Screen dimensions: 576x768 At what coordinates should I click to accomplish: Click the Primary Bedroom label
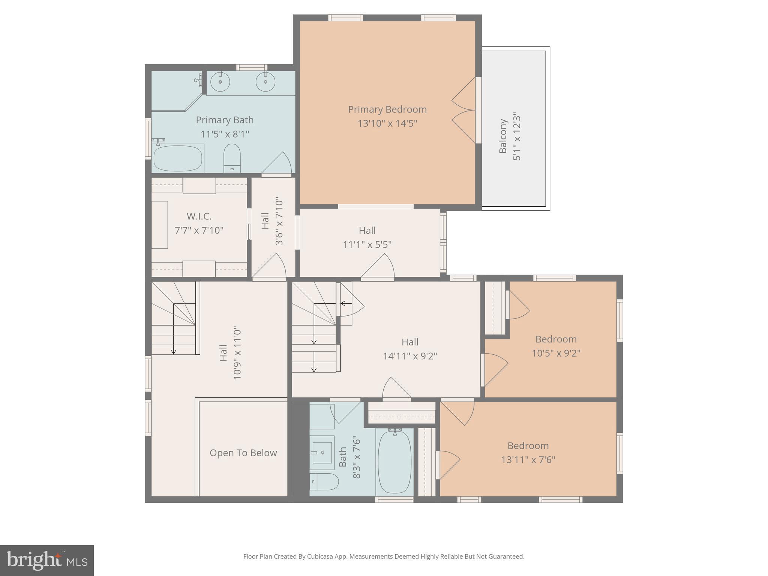tap(387, 109)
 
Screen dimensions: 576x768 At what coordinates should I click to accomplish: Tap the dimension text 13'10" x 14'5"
tap(387, 123)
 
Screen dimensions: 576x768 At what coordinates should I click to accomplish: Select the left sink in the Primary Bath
tap(220, 82)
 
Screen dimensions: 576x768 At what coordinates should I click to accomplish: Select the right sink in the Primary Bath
tap(265, 82)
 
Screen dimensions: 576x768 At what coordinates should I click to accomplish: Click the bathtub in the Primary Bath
tap(178, 158)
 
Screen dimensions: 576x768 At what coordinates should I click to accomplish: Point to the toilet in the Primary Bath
tap(232, 157)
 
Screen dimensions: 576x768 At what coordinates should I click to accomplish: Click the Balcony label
tap(503, 136)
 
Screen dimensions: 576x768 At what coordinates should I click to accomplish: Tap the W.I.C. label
tap(199, 216)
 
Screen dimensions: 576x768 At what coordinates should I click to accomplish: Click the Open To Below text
tap(243, 453)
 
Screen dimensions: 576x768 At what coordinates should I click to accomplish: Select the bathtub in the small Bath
tap(394, 462)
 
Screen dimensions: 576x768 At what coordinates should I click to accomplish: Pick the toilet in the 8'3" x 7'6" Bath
tap(325, 481)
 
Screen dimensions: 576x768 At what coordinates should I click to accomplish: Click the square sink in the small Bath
tap(322, 453)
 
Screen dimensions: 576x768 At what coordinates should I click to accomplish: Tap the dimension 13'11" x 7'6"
tap(528, 460)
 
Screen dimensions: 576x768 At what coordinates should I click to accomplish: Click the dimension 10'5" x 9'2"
tap(556, 353)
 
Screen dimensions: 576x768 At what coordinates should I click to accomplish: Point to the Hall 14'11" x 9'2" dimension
tap(410, 356)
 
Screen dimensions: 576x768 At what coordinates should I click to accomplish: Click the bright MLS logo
tap(47, 560)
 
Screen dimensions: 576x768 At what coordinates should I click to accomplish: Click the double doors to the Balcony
tap(464, 110)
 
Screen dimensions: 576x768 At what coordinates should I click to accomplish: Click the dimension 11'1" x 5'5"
tap(367, 244)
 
